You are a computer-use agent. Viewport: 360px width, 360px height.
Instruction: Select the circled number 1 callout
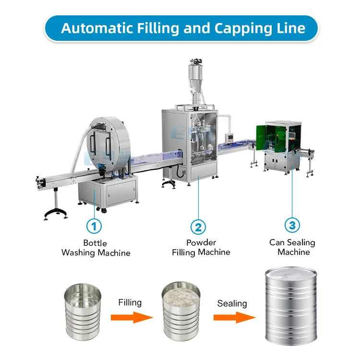(x=94, y=225)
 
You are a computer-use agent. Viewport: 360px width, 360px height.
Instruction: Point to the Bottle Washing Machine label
(x=96, y=248)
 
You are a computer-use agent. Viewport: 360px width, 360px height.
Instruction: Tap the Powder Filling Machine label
(x=201, y=247)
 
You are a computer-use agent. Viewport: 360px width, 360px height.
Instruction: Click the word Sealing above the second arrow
(x=232, y=303)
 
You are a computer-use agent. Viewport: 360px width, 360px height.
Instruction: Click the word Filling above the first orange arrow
(x=130, y=302)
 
